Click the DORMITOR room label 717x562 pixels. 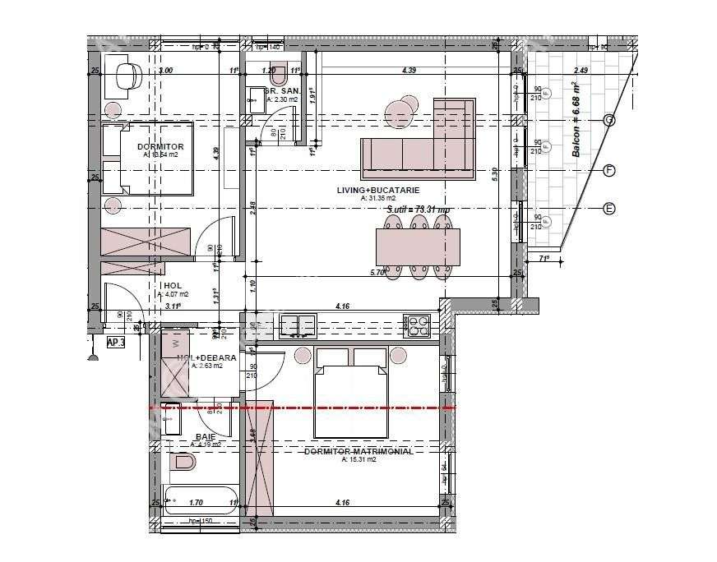161,146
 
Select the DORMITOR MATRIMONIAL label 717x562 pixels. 358,451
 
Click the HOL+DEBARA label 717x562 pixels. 206,358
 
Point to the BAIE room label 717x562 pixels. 206,437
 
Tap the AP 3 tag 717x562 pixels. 116,343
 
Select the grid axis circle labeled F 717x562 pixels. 609,170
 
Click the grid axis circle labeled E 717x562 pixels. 609,208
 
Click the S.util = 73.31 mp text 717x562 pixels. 419,210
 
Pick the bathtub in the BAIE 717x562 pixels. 201,498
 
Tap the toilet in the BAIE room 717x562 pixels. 183,464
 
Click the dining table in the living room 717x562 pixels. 418,246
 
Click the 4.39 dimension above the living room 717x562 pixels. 409,71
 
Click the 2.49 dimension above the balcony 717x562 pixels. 581,71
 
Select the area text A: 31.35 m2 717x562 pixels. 377,198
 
